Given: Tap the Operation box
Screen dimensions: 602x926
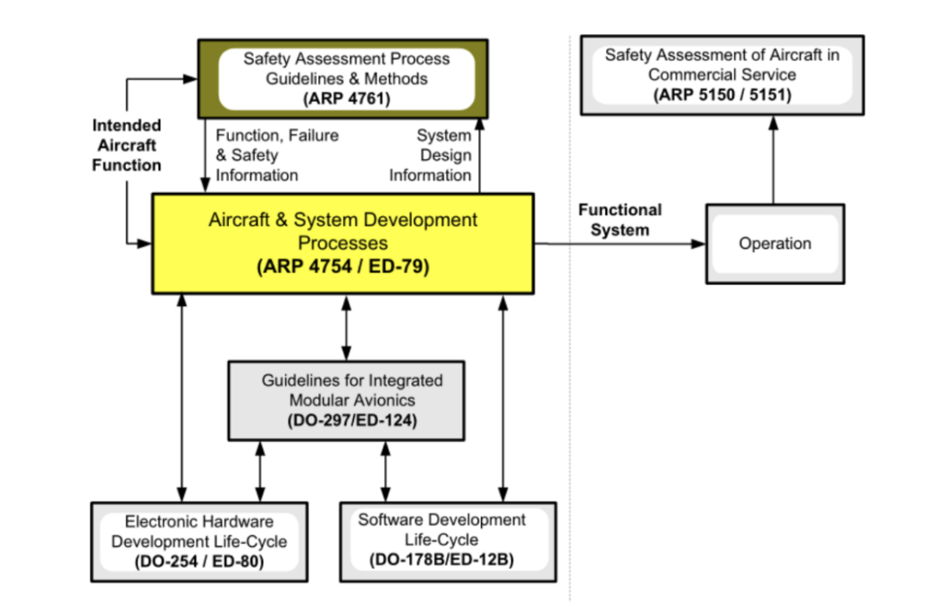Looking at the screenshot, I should (x=774, y=244).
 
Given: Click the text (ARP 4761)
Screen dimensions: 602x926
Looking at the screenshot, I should (x=346, y=99).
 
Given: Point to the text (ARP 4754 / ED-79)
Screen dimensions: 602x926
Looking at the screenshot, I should (x=342, y=267).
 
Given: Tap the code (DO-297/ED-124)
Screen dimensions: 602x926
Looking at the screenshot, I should (x=346, y=420).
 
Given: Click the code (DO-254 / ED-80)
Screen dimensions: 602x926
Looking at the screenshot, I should (x=199, y=563).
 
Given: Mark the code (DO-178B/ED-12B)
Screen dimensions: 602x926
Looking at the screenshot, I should (x=442, y=560).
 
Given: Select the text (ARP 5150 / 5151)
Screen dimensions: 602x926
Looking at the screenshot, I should (x=721, y=95).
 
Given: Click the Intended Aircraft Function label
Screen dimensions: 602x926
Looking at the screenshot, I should (x=127, y=146).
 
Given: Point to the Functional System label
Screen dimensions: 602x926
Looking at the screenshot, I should (x=620, y=220).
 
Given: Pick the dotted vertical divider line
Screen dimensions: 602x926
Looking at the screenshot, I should (x=570, y=343).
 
